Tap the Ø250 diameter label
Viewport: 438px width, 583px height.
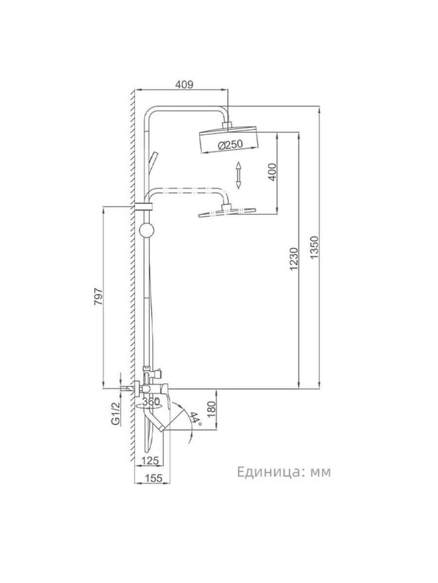point(229,144)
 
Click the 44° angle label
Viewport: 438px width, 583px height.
point(196,419)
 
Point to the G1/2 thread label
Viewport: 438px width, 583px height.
point(115,414)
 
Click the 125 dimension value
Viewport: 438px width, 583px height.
point(150,461)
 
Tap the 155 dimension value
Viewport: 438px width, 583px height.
point(153,478)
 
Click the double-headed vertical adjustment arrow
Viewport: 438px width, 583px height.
point(238,175)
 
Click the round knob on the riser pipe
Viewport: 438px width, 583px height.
point(146,230)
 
